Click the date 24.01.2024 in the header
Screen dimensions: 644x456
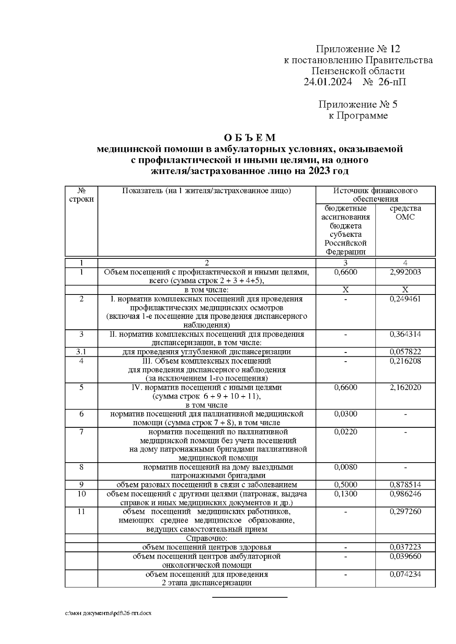pyautogui.click(x=328, y=82)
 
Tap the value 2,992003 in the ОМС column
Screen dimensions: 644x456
pyautogui.click(x=405, y=272)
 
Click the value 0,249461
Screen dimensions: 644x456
pyautogui.click(x=405, y=299)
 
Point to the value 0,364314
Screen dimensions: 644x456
pyautogui.click(x=405, y=334)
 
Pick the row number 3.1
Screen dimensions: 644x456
pyautogui.click(x=81, y=352)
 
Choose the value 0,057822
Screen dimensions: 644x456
pyautogui.click(x=405, y=352)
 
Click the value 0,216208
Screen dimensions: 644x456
pyautogui.click(x=405, y=361)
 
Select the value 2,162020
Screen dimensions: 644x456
pyautogui.click(x=405, y=387)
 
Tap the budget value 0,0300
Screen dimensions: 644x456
pyautogui.click(x=345, y=414)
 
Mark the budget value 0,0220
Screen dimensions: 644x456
pyautogui.click(x=345, y=431)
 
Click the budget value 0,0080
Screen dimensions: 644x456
pyautogui.click(x=345, y=467)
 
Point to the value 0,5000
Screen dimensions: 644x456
pyautogui.click(x=345, y=485)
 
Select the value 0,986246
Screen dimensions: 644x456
pyautogui.click(x=405, y=494)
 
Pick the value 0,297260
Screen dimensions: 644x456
pyautogui.click(x=405, y=512)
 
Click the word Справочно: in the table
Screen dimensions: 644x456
pyautogui.click(x=207, y=538)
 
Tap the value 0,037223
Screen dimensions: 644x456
pyautogui.click(x=405, y=547)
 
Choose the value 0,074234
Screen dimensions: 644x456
pyautogui.click(x=405, y=574)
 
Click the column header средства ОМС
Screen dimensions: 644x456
pyautogui.click(x=405, y=213)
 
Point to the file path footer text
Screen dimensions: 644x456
pyautogui.click(x=108, y=613)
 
